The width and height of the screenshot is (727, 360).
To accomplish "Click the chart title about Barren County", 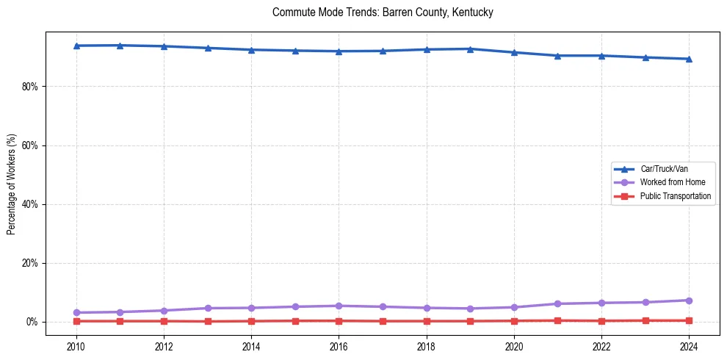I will tap(382, 12).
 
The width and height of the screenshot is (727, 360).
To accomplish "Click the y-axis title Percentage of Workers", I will tap(12, 184).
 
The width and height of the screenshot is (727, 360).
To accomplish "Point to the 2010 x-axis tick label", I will tap(76, 345).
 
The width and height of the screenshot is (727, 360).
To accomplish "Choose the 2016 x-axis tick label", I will tap(339, 345).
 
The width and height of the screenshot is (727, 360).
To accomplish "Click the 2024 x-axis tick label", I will tap(689, 345).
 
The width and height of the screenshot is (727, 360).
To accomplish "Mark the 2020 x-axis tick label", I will tap(514, 345).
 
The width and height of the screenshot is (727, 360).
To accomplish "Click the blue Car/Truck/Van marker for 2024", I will tap(689, 59).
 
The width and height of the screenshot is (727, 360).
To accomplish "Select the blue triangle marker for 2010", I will tap(76, 46).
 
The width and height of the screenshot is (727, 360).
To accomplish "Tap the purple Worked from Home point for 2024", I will tap(689, 300).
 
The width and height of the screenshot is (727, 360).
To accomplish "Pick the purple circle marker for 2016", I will tap(339, 306).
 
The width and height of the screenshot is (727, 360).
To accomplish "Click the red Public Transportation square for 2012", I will tap(164, 321).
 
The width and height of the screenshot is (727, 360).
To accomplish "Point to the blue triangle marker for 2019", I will tap(470, 48).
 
